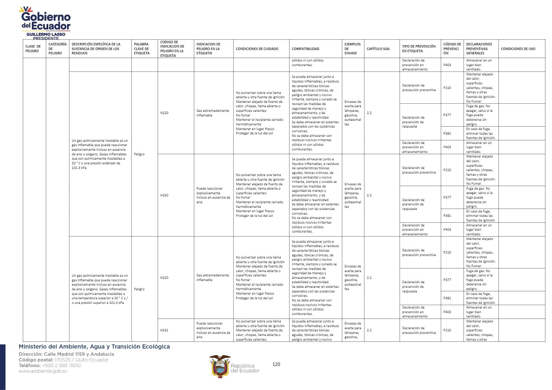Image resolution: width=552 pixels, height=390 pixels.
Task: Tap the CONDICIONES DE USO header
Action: pyautogui.click(x=518, y=49)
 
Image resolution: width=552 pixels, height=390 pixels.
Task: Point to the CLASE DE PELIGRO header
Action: pyautogui.click(x=33, y=49)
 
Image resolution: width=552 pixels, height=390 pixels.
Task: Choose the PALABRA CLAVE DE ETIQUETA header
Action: pyautogui.click(x=142, y=49)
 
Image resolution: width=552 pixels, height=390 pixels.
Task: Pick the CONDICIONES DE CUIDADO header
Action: pyautogui.click(x=257, y=49)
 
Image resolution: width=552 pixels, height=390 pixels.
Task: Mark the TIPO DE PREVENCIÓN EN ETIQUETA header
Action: pyautogui.click(x=419, y=49)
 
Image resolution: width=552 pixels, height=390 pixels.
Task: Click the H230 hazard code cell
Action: pyautogui.click(x=165, y=195)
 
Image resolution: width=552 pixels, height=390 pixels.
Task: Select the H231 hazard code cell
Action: pyautogui.click(x=165, y=330)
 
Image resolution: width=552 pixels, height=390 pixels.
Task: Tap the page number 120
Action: pyautogui.click(x=276, y=364)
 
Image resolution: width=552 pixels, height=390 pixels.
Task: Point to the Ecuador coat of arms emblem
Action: pyautogui.click(x=220, y=366)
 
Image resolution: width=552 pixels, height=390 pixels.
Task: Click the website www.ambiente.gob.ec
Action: pyautogui.click(x=43, y=371)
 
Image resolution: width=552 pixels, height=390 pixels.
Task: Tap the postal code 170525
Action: pyautogui.click(x=62, y=360)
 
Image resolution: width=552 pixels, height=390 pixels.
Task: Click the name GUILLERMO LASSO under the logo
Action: pyautogui.click(x=46, y=34)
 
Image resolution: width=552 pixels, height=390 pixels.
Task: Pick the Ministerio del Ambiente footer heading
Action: pyautogui.click(x=94, y=347)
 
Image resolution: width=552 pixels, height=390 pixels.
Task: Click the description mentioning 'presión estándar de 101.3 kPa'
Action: pyautogui.click(x=100, y=154)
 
